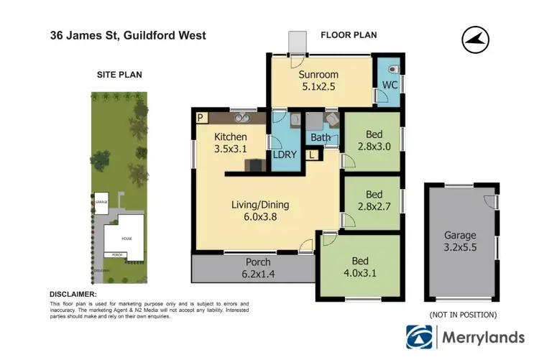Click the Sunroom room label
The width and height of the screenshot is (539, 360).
318,80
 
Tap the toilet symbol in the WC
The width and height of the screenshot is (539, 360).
390,70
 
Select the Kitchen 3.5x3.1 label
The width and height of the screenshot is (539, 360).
231,143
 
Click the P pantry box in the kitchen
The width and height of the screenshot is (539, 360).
201,118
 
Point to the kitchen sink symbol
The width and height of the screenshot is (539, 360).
241,119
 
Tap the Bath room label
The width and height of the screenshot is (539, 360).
320,137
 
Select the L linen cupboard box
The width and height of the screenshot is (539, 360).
311,154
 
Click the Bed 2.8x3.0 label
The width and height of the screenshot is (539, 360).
373,141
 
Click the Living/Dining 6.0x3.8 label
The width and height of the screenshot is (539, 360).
264,211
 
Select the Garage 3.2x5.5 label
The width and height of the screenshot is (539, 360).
460,241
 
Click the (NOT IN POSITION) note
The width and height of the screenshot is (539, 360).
462,315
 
